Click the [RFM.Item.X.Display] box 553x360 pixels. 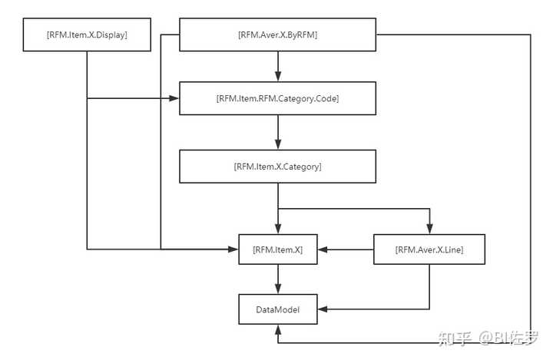click(87, 35)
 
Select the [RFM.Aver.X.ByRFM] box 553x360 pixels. click(277, 35)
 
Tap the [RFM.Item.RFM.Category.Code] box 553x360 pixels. click(277, 98)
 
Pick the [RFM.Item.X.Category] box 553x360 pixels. click(277, 166)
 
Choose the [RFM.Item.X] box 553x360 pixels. click(277, 249)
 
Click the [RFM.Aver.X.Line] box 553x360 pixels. click(429, 249)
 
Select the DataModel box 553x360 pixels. click(277, 309)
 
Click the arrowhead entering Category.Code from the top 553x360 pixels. click(277, 77)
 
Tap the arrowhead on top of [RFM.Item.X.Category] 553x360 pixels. click(277, 144)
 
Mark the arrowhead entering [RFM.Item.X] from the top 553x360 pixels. click(277, 228)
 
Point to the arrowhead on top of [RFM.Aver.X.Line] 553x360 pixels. click(429, 228)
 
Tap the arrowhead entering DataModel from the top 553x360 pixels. click(277, 289)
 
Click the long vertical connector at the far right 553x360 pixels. click(531, 184)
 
